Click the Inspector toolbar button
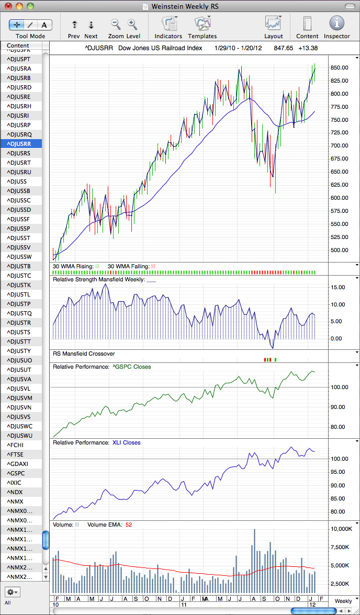336,24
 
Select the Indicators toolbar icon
168,24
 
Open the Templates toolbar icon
202,24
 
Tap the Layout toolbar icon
273,24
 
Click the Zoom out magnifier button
116,24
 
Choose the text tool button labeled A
44,25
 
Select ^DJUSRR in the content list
21,143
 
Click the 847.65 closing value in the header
285,48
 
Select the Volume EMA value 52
129,525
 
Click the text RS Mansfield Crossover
84,354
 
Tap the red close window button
8,6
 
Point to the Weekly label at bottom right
343,601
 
